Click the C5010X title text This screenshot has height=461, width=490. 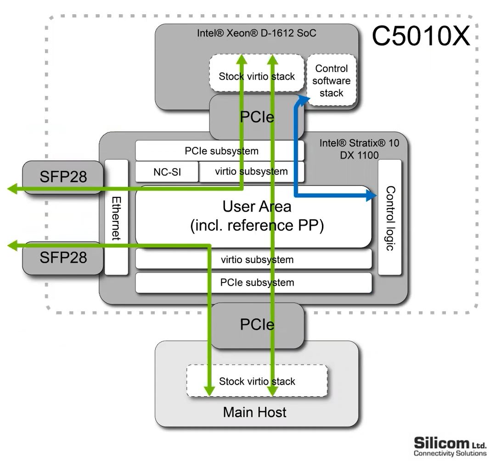point(421,36)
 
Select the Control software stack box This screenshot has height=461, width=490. point(332,81)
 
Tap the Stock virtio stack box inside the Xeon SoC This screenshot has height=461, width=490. point(257,76)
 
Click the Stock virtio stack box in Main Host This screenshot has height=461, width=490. point(257,381)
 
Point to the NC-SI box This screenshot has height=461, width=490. point(166,172)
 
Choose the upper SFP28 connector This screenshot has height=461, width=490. point(63,177)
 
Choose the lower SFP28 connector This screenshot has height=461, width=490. point(63,258)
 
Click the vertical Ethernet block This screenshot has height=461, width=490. point(116,218)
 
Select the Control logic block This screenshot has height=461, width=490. point(389,218)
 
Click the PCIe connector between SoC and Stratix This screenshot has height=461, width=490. point(257,117)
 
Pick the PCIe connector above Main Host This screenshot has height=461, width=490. point(257,325)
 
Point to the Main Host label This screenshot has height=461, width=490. point(254,412)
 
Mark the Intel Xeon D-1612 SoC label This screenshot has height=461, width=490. point(256,34)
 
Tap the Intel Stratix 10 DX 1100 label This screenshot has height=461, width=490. point(360,149)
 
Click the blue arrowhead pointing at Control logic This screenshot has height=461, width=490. point(371,196)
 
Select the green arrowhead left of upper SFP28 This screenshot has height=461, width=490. point(12,188)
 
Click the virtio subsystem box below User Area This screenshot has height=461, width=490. point(257,260)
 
